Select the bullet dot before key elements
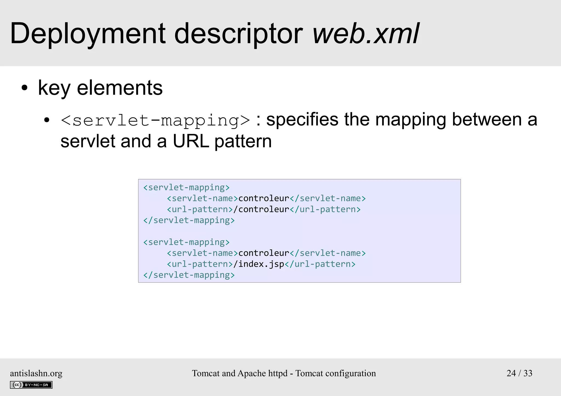(25, 88)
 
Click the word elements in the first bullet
(120, 88)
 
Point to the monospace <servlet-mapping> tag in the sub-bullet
(155, 120)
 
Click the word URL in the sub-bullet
(191, 141)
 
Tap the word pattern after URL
(243, 142)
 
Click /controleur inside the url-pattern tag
(261, 209)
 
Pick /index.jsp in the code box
(259, 264)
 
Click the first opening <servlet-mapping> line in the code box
(186, 187)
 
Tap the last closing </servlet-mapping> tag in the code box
(189, 275)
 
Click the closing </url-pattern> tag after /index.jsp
(320, 264)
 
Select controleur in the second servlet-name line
(264, 253)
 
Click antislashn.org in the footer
(36, 373)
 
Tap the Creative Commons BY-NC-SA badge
(31, 385)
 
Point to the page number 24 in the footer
(511, 373)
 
